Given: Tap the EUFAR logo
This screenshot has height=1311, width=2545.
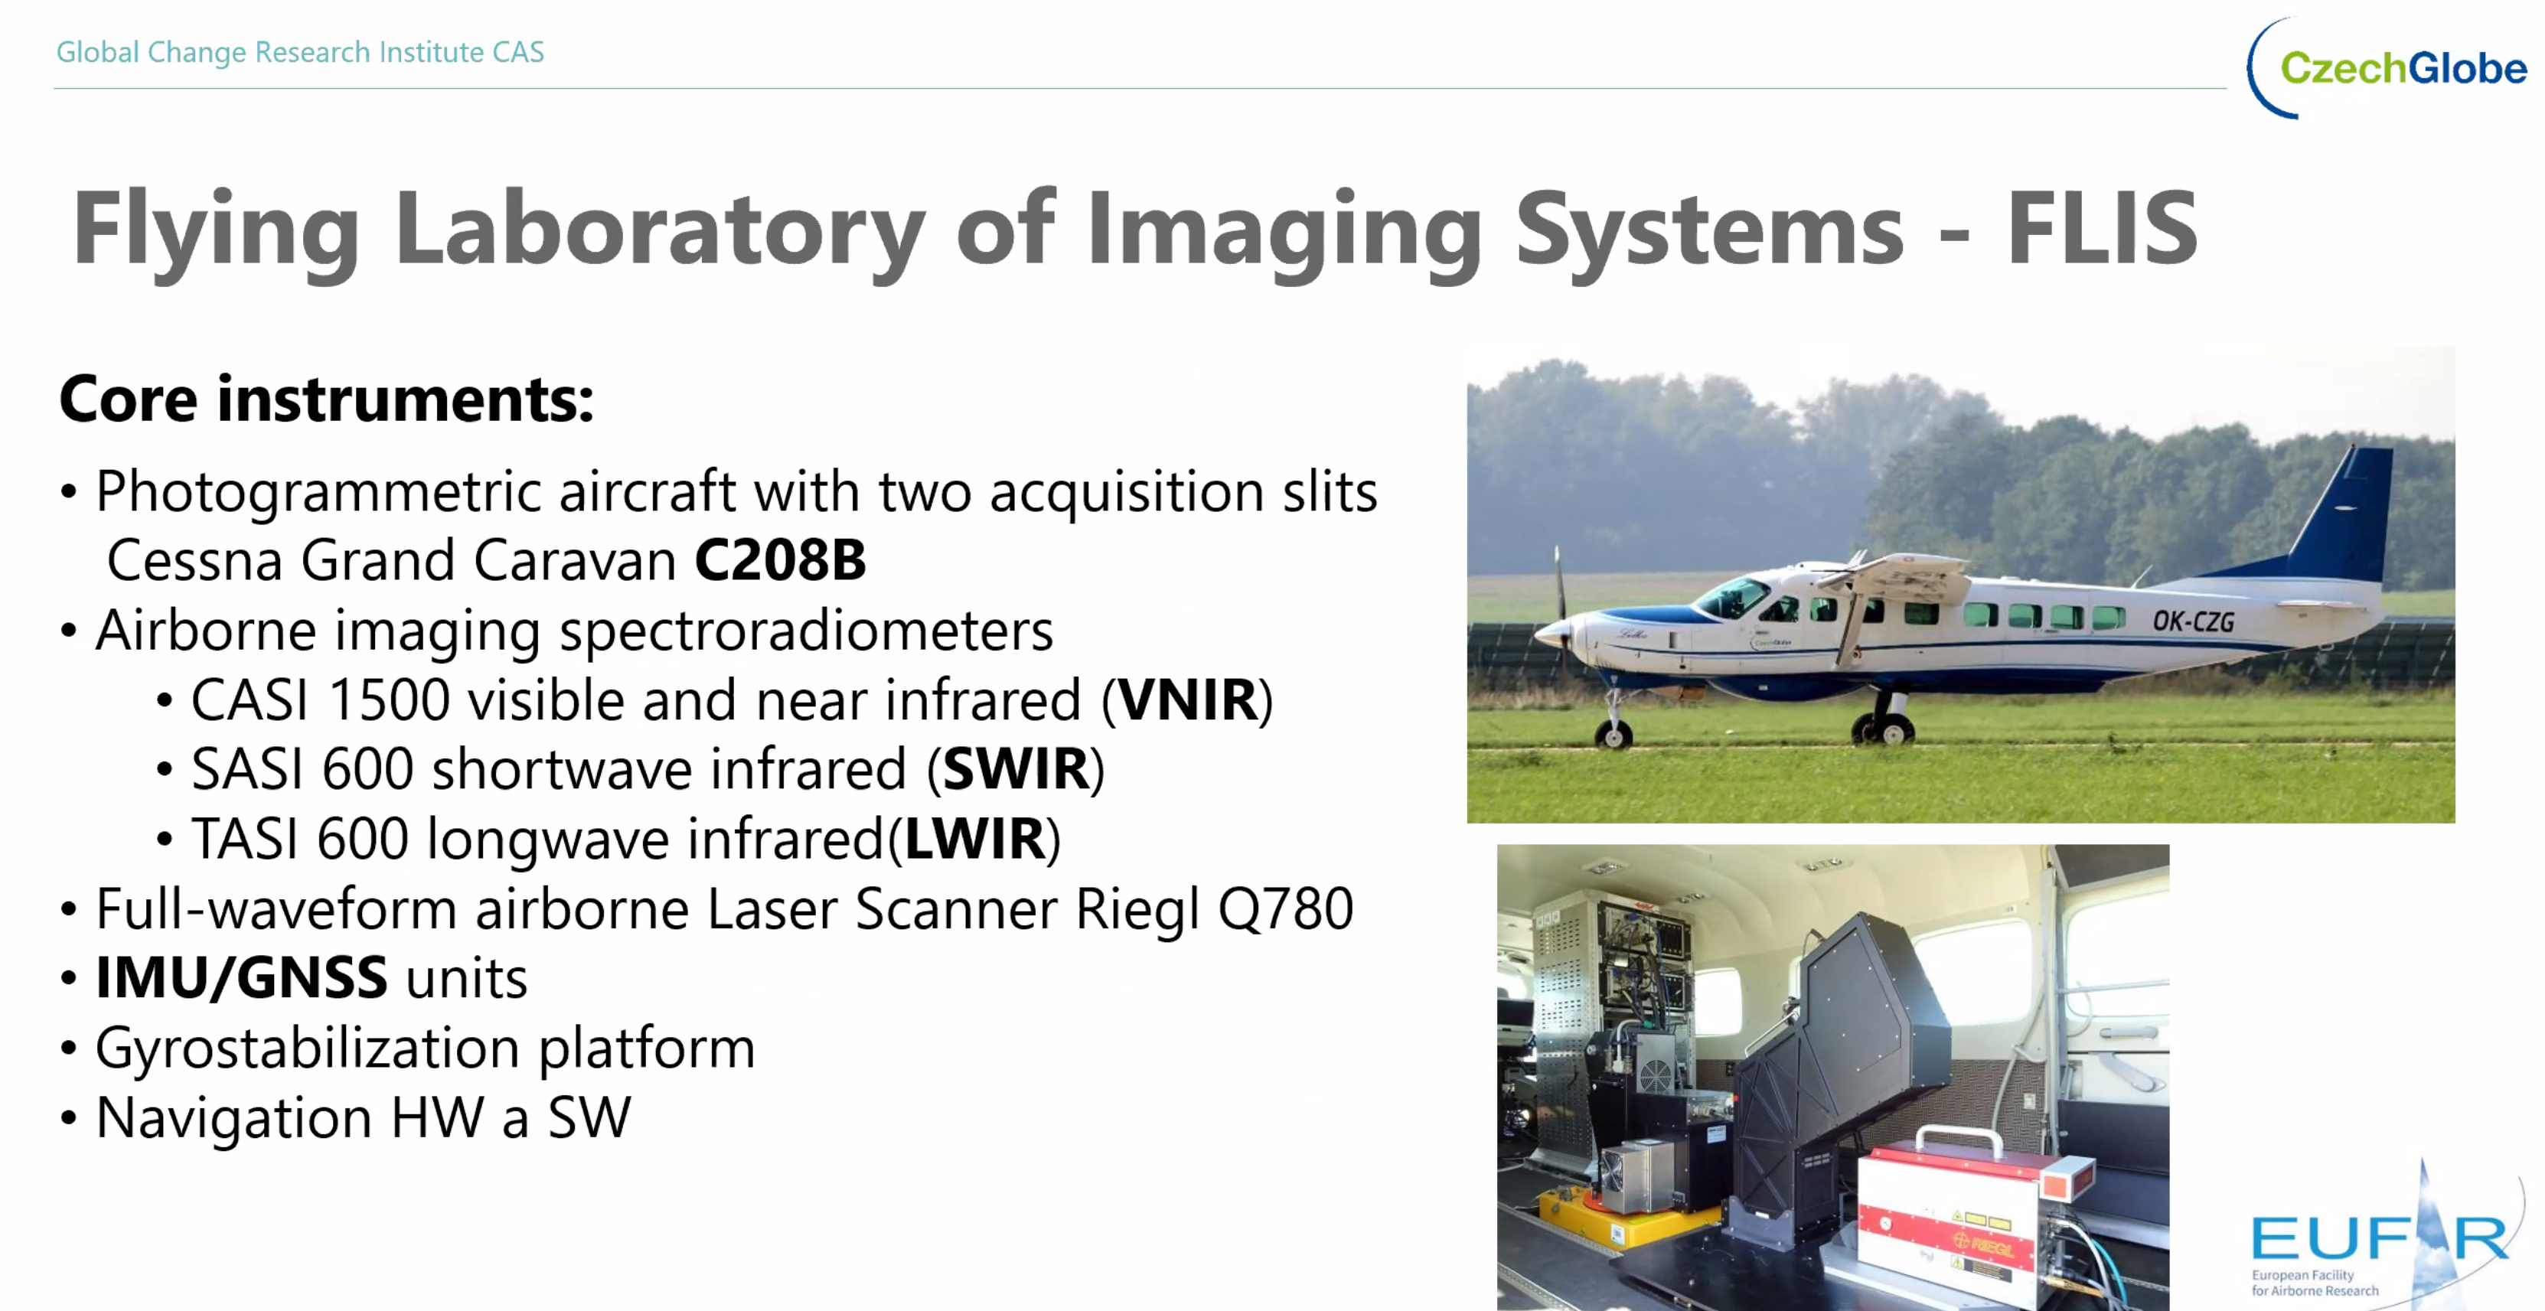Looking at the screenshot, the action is tap(2381, 1235).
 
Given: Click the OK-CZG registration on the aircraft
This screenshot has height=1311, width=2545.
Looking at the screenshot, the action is tap(2193, 621).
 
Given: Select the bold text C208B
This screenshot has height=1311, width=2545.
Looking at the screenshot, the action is tap(781, 560).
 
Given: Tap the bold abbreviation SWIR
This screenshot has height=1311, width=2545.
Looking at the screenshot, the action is tap(1016, 768).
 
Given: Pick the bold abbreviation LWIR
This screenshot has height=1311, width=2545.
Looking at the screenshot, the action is tap(975, 839).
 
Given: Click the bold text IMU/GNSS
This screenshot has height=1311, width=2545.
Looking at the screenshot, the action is tap(241, 978).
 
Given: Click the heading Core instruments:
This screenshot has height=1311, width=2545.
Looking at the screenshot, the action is tap(327, 399).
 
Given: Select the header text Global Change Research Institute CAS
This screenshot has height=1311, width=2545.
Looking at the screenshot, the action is tap(300, 51).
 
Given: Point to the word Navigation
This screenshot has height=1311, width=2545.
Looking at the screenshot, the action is tap(234, 1118).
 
